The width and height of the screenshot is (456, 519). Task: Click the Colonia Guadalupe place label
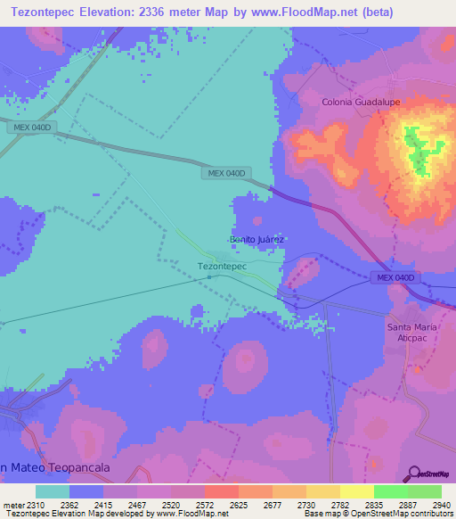click(x=361, y=103)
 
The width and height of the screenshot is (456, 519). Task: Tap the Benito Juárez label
click(x=256, y=240)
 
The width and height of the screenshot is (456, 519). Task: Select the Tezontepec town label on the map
click(x=221, y=266)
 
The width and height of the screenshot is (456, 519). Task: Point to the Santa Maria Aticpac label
click(x=412, y=333)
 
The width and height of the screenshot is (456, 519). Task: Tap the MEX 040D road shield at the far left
click(x=33, y=128)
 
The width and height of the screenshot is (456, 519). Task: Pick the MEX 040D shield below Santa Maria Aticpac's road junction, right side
click(x=395, y=278)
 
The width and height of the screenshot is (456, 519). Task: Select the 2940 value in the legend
click(x=441, y=504)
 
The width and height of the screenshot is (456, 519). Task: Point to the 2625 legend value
click(x=238, y=504)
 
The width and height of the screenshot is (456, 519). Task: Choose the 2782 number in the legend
click(x=339, y=504)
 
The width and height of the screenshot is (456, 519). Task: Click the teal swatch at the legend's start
click(x=53, y=491)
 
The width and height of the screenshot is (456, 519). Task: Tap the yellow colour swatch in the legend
click(x=356, y=491)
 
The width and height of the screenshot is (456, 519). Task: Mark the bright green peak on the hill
click(x=415, y=150)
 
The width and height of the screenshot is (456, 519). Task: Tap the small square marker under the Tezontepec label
click(x=209, y=276)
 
